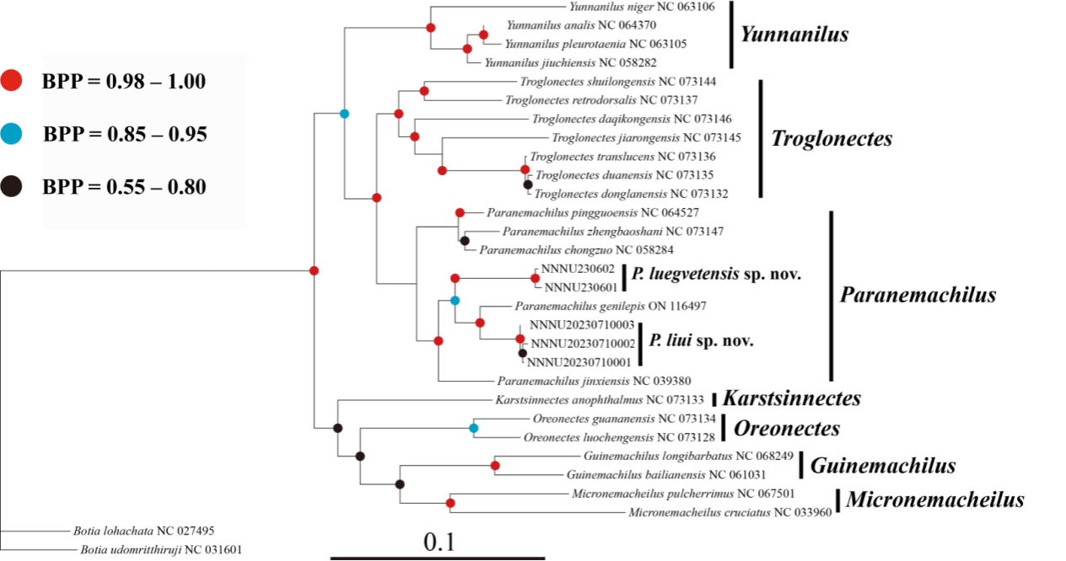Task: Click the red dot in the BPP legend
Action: pyautogui.click(x=12, y=81)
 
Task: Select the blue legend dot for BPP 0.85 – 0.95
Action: pyautogui.click(x=12, y=133)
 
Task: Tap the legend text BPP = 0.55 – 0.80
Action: pyautogui.click(x=124, y=186)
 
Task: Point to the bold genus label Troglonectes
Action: pyautogui.click(x=832, y=138)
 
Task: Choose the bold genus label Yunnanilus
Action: pyautogui.click(x=794, y=34)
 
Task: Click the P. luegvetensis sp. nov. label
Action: pyautogui.click(x=717, y=275)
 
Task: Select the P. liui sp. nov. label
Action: pyautogui.click(x=701, y=341)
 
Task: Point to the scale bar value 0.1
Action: pyautogui.click(x=439, y=542)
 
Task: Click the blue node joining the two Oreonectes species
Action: pyautogui.click(x=474, y=429)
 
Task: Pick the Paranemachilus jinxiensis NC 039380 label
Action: pyautogui.click(x=595, y=381)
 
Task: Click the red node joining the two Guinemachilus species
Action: pyautogui.click(x=495, y=466)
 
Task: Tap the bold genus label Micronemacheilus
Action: pyautogui.click(x=934, y=500)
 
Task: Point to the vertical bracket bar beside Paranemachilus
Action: pyautogui.click(x=832, y=296)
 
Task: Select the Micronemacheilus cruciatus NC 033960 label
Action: pyautogui.click(x=730, y=512)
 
